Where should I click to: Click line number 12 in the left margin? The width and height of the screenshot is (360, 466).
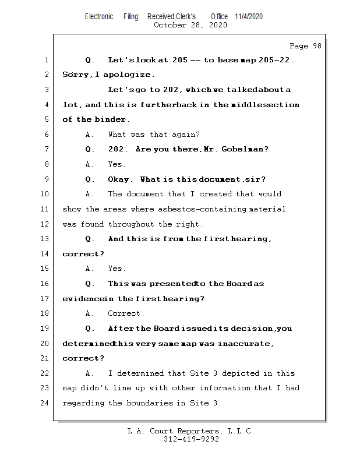pyautogui.click(x=45, y=224)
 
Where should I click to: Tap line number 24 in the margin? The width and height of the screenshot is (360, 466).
pyautogui.click(x=45, y=403)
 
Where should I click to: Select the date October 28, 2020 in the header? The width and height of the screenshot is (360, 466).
pyautogui.click(x=190, y=25)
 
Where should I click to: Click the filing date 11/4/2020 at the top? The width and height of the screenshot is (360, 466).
pyautogui.click(x=249, y=16)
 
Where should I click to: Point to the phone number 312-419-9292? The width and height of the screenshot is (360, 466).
pyautogui.click(x=191, y=440)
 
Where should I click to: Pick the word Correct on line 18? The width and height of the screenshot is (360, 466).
pyautogui.click(x=124, y=313)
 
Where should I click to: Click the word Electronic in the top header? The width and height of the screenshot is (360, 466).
pyautogui.click(x=99, y=16)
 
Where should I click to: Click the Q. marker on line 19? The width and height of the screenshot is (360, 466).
pyautogui.click(x=90, y=329)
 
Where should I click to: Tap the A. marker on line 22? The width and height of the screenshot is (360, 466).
pyautogui.click(x=90, y=373)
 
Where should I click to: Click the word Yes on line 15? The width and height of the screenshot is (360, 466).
pyautogui.click(x=117, y=269)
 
